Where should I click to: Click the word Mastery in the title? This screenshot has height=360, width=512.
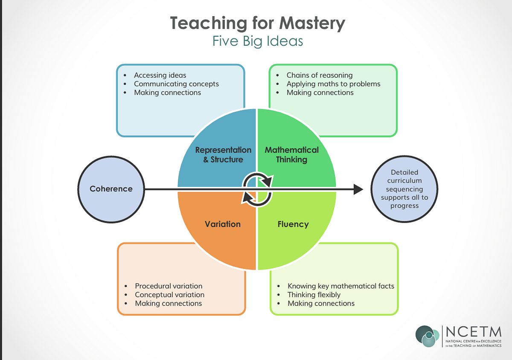[312, 23]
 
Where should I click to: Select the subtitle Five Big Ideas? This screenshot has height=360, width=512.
[258, 41]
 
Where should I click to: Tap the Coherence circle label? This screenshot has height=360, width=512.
[111, 189]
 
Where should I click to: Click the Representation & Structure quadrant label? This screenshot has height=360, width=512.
[223, 155]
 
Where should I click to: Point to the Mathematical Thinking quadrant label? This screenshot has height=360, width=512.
[292, 155]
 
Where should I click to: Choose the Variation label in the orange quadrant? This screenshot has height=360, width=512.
[223, 224]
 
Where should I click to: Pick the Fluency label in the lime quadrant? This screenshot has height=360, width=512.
[293, 224]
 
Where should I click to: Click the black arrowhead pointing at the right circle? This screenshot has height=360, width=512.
[358, 189]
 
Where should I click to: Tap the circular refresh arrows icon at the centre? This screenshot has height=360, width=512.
[257, 189]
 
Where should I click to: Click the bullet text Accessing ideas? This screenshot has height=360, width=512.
[160, 75]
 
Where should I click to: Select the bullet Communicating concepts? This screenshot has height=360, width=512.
[177, 84]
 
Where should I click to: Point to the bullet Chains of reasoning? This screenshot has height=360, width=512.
[320, 75]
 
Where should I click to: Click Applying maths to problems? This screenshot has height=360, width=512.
[334, 84]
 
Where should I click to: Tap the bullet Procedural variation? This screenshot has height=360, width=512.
[169, 286]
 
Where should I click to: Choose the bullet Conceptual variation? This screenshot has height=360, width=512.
[170, 295]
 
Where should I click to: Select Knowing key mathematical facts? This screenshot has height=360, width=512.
[341, 286]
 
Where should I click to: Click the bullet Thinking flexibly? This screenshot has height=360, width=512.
[314, 295]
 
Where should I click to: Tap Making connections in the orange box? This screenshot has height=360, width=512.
[169, 303]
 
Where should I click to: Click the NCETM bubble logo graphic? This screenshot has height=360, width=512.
[428, 336]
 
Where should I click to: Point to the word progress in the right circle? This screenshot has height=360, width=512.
[404, 206]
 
